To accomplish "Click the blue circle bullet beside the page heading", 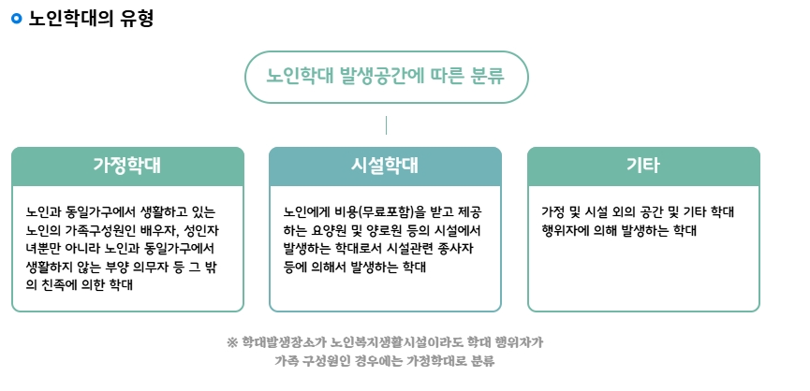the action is [x=17, y=19].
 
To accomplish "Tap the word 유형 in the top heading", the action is [x=137, y=19].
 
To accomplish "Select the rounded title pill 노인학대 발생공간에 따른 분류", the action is [x=387, y=77].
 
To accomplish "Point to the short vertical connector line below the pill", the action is [x=386, y=125].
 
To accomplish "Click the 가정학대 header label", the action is [x=127, y=165].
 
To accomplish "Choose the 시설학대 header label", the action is [x=385, y=165].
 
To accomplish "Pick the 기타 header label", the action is [x=643, y=165].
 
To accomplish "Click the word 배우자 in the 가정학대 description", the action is [x=154, y=230].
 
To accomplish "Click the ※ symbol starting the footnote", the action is [x=232, y=342].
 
